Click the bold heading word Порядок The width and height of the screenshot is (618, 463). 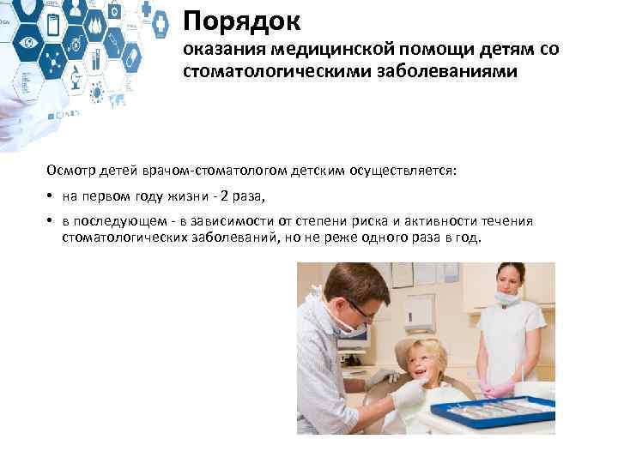(x=239, y=21)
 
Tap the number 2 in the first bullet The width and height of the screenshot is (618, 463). (x=224, y=196)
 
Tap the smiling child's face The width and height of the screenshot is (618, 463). (x=425, y=360)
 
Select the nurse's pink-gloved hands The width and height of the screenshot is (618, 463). (x=498, y=390)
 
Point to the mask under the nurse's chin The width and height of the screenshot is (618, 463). (x=507, y=299)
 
